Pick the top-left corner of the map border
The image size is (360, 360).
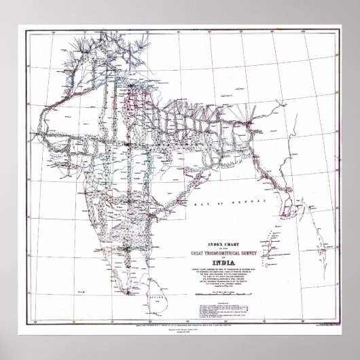coord(32,29)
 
